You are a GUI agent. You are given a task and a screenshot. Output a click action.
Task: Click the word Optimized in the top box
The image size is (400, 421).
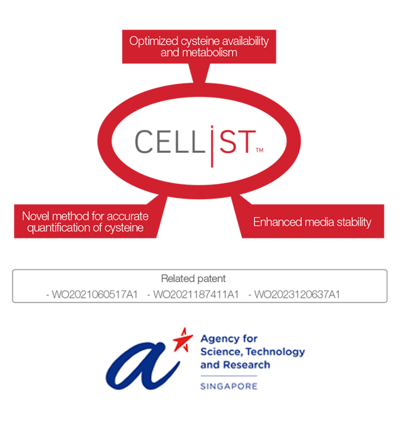click(x=154, y=41)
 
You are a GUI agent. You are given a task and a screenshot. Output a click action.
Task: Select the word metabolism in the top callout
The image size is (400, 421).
click(x=210, y=53)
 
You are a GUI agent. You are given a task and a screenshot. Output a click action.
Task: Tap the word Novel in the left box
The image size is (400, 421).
click(x=35, y=216)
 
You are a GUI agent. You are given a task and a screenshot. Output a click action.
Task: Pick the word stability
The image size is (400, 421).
click(x=354, y=222)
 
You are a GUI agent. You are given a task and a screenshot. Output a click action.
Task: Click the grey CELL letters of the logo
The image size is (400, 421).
click(x=170, y=142)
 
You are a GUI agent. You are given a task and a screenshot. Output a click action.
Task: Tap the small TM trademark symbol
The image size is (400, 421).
click(x=260, y=150)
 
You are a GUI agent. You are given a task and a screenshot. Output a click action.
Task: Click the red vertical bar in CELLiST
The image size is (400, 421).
click(x=212, y=147)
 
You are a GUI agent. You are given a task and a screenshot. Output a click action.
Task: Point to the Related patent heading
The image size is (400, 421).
click(x=193, y=279)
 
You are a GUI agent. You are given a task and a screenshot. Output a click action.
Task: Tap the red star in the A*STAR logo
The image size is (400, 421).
click(x=183, y=340)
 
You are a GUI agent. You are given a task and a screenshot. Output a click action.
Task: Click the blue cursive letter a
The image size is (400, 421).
click(x=142, y=366)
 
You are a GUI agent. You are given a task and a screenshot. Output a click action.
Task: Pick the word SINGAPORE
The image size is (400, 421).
click(x=229, y=387)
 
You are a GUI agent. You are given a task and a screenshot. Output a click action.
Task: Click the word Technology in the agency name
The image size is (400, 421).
click(x=275, y=352)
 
